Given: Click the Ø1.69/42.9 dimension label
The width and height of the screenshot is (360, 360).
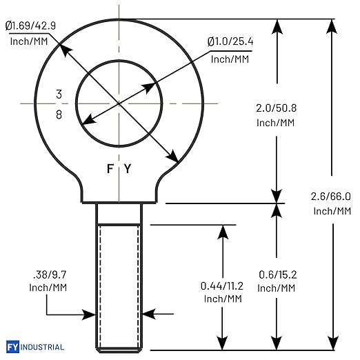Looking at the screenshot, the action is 30,26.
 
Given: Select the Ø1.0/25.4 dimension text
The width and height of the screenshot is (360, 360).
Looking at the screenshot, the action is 230,41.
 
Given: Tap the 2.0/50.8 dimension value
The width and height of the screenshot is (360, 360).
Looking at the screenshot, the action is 276,108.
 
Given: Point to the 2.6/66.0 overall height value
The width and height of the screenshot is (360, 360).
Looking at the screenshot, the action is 331,197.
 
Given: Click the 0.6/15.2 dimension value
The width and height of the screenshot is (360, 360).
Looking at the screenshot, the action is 278,274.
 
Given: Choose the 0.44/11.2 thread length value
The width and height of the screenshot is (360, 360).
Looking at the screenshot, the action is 222,286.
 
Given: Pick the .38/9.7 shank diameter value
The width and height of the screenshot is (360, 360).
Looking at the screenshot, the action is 50,274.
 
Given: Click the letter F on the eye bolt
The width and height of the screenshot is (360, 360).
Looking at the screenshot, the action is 110,168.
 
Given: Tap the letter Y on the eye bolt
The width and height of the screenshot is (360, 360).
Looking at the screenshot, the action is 128,168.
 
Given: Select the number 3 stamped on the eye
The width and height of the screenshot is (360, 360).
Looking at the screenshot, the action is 59,94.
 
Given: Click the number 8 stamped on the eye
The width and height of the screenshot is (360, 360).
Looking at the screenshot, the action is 59,114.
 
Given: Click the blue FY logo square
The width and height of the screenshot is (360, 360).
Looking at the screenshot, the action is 12,347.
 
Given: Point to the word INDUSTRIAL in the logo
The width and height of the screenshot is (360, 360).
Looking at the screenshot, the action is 42,347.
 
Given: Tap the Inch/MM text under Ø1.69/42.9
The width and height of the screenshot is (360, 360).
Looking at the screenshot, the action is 29,41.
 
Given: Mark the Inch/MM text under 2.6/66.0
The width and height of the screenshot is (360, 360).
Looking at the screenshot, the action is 332,211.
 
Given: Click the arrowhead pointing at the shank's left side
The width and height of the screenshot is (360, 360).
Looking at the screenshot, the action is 89,314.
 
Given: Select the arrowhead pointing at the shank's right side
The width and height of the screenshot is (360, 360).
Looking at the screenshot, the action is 149,314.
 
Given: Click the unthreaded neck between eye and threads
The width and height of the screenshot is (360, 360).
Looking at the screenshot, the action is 119,214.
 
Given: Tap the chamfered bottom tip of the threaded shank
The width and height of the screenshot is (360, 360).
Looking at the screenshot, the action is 119,350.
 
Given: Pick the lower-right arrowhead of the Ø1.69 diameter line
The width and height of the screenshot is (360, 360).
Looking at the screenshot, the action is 172,157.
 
